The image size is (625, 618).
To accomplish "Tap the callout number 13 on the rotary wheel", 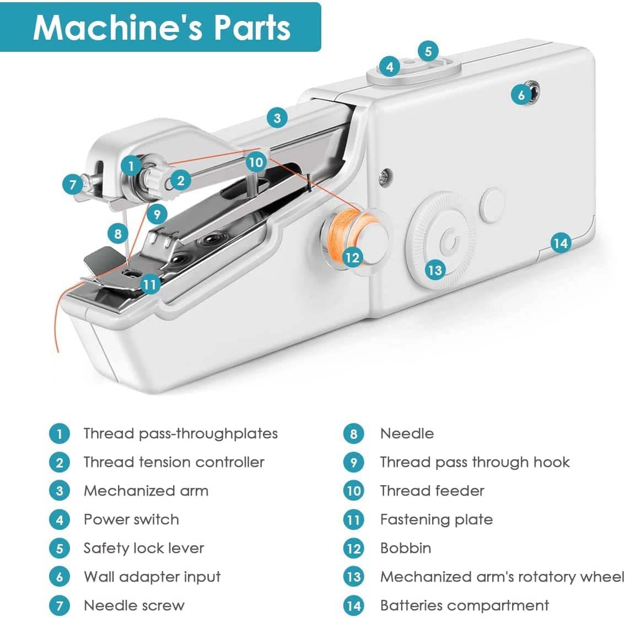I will (435, 270).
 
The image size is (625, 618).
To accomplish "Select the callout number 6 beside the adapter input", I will (521, 95).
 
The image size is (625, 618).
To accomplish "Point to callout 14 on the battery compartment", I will (561, 243).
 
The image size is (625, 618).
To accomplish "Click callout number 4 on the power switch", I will (390, 67).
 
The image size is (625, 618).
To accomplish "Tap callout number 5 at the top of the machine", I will (428, 51).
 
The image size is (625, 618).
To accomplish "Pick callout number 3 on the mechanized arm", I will (277, 117).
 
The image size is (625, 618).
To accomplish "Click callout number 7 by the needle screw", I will (73, 184).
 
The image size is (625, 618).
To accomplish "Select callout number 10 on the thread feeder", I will (256, 162).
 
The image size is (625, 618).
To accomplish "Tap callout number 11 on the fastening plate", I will (150, 284).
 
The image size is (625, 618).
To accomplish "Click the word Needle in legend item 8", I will (407, 434).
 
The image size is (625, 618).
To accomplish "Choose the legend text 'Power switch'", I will (131, 520).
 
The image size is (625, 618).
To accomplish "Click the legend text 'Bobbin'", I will (406, 549).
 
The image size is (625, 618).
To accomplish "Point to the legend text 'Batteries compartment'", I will (464, 606).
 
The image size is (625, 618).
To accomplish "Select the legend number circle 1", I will (60, 434).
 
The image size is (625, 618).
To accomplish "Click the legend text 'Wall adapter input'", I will (152, 577).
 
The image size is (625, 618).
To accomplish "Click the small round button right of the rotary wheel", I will (492, 205).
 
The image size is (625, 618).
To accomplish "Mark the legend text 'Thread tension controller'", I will (174, 463).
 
